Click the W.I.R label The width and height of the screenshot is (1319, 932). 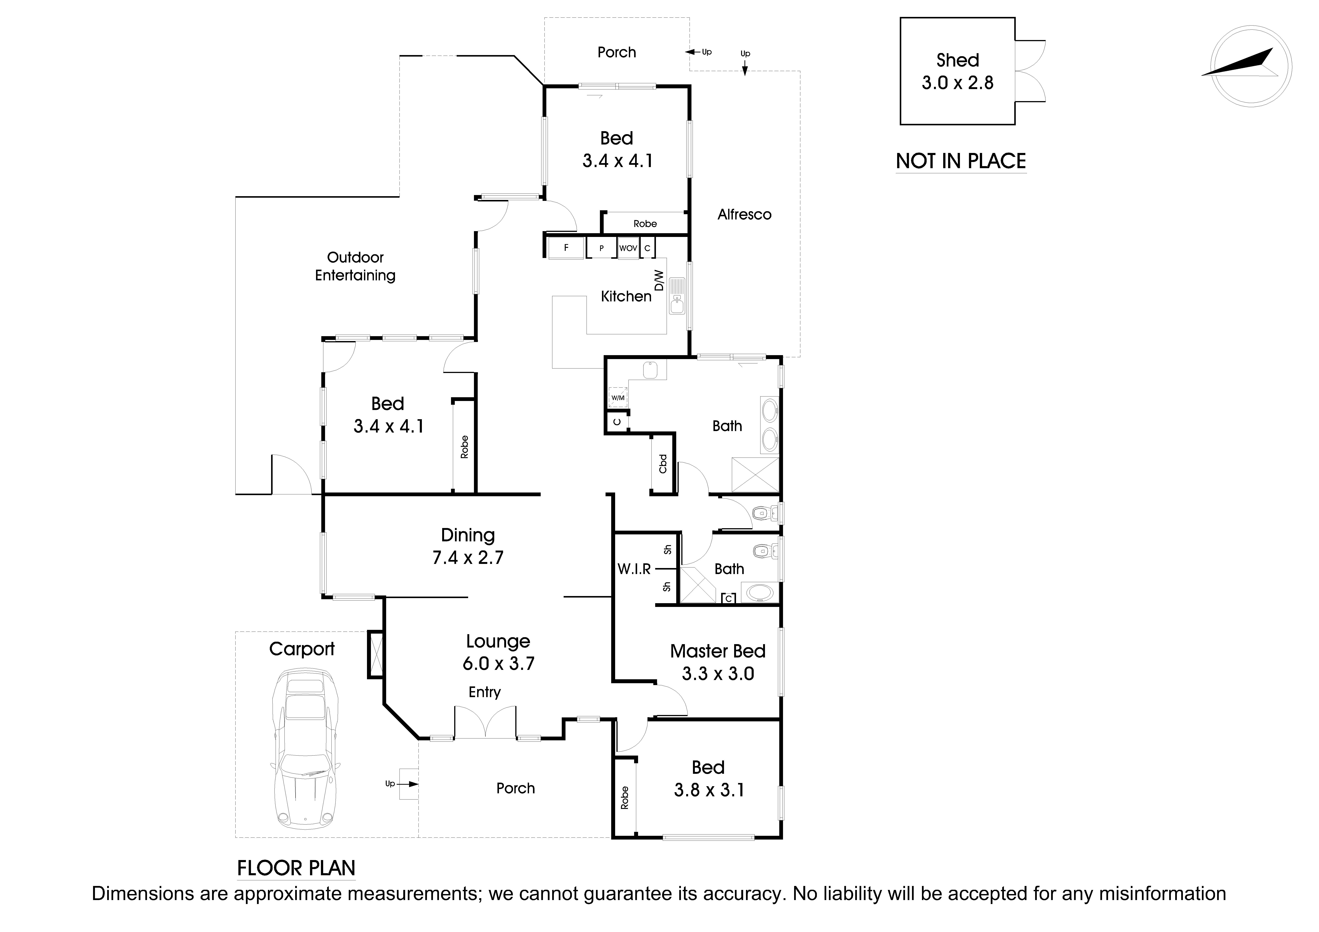634,569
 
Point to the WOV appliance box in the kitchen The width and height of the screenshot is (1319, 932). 628,248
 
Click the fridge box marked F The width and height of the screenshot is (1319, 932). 566,248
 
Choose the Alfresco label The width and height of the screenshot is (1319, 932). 744,215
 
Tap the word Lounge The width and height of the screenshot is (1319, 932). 498,642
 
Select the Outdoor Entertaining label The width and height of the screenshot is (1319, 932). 355,266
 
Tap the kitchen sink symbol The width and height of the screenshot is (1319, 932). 677,296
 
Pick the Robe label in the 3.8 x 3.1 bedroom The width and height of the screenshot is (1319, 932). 625,798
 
